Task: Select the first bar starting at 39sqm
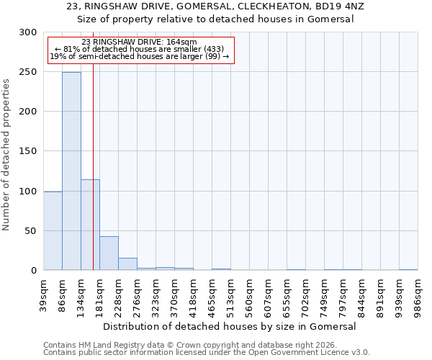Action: [x=53, y=230]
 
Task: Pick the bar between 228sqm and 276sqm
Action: [x=127, y=264]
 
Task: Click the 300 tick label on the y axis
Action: [x=28, y=32]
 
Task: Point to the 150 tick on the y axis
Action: [x=28, y=151]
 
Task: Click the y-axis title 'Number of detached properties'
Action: [x=6, y=155]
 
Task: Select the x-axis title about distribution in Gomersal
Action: [x=230, y=326]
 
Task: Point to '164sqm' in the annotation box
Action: [x=180, y=42]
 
